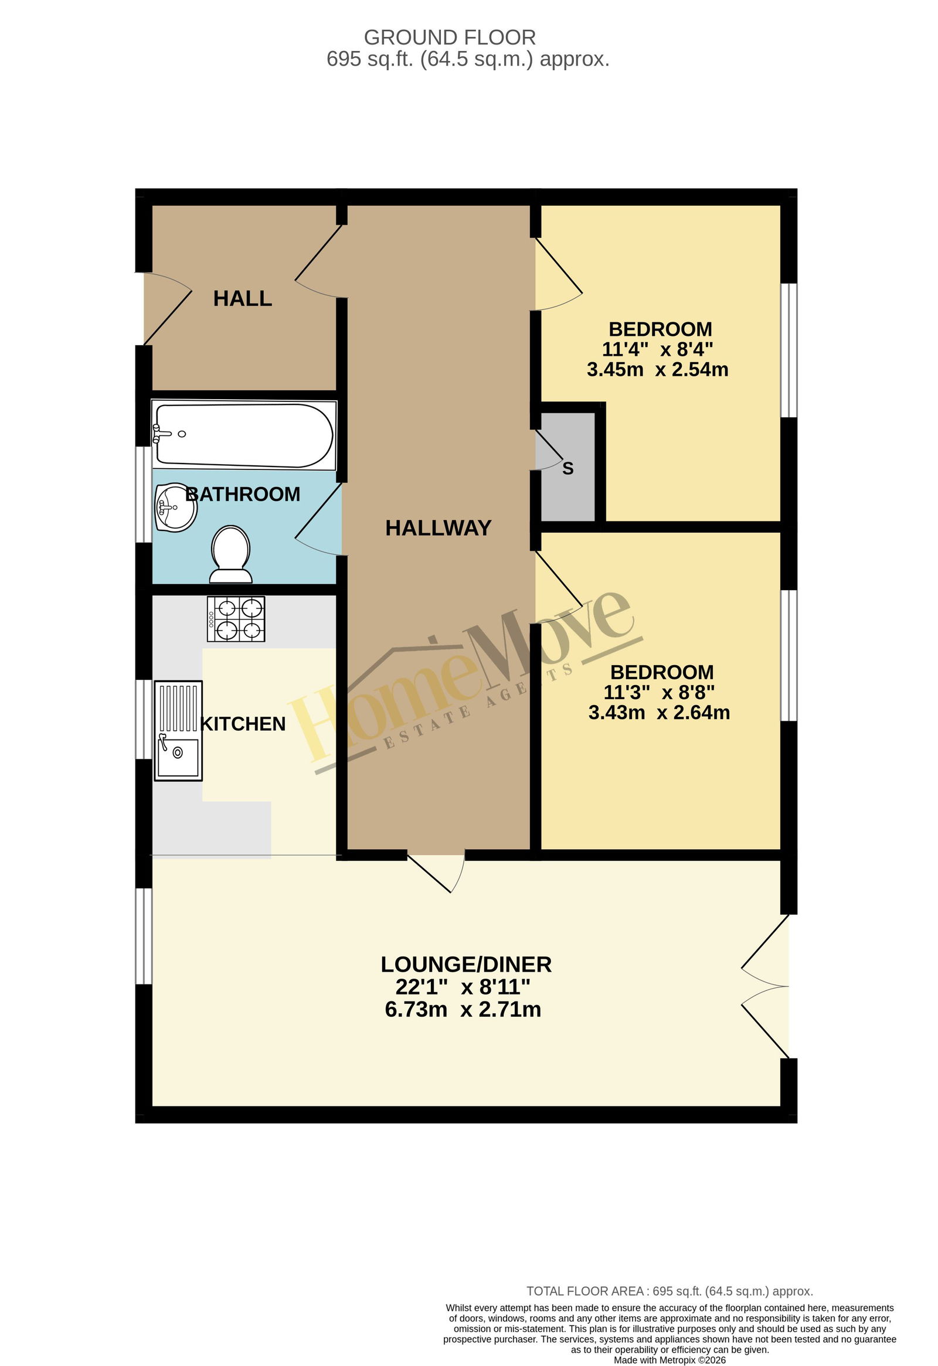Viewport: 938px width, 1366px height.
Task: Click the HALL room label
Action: [x=242, y=299]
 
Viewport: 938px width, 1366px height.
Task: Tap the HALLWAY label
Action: [x=438, y=528]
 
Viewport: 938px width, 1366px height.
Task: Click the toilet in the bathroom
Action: [x=231, y=554]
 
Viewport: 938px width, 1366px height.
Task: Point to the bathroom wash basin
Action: [x=175, y=507]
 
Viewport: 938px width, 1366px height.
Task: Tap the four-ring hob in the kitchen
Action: [x=236, y=619]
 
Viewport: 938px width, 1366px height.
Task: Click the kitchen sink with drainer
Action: [x=178, y=731]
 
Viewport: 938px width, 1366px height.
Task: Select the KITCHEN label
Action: [x=243, y=724]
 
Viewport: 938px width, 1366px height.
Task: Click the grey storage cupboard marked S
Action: [x=567, y=466]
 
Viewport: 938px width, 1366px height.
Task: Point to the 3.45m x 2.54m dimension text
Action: [x=658, y=369]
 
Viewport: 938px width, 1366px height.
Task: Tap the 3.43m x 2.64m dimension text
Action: [x=660, y=713]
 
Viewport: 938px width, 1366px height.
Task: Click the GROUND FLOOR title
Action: [x=450, y=38]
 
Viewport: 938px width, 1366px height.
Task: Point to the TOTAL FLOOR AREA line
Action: [x=669, y=1292]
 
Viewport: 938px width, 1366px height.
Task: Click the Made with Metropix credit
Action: [x=669, y=1360]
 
